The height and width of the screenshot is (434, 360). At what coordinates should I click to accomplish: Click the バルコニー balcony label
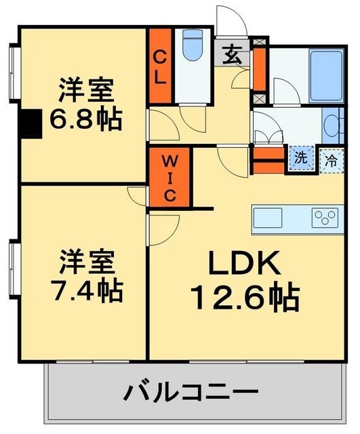click(x=192, y=392)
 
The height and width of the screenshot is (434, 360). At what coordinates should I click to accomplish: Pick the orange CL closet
click(x=160, y=66)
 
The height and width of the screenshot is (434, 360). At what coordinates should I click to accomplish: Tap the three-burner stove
click(x=325, y=218)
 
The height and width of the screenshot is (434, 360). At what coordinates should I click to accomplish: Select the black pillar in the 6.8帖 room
click(x=30, y=123)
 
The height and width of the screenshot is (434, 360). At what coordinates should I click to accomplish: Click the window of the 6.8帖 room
click(x=12, y=73)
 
